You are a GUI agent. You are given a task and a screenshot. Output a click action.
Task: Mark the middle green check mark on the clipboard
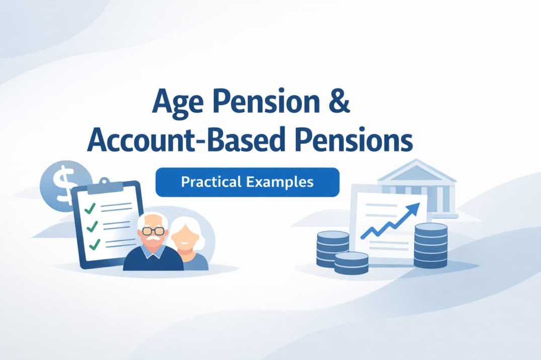click(x=91, y=226)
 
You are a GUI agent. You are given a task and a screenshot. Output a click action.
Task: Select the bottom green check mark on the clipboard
click(x=93, y=245)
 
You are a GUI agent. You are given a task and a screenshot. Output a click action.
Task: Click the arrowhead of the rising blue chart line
click(x=415, y=208)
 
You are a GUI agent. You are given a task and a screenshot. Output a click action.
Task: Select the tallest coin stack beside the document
click(x=430, y=246)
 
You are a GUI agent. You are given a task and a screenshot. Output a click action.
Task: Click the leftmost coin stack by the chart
click(x=333, y=248)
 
